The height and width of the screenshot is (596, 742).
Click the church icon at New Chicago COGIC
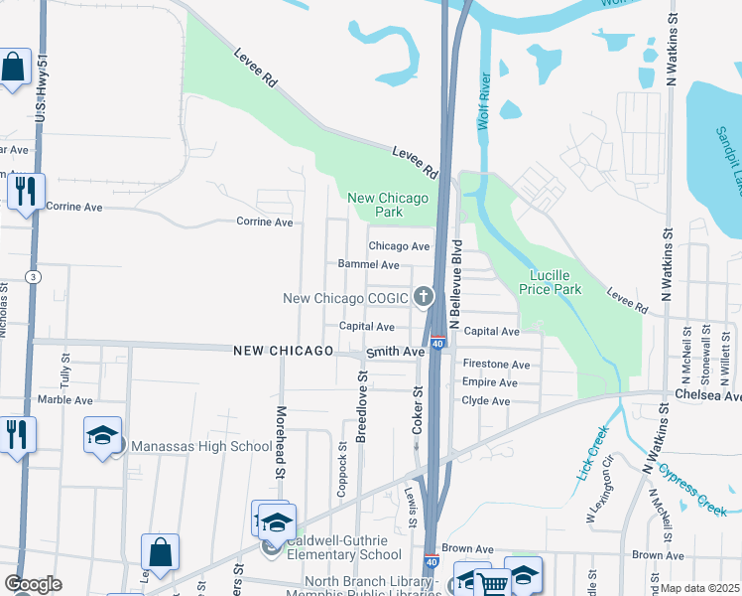click(x=424, y=296)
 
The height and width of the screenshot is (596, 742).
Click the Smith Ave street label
click(x=395, y=352)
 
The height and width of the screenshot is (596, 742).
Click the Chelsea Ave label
click(x=707, y=395)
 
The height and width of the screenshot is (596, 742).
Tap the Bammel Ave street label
click(x=368, y=265)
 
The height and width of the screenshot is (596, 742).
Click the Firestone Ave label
click(x=496, y=365)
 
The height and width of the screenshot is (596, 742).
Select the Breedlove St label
click(x=362, y=407)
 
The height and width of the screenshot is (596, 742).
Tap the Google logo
click(x=33, y=584)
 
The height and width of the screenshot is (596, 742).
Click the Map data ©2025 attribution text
click(x=699, y=588)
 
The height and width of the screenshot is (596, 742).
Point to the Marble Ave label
click(x=63, y=400)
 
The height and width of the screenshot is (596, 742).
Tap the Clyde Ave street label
click(x=485, y=400)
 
